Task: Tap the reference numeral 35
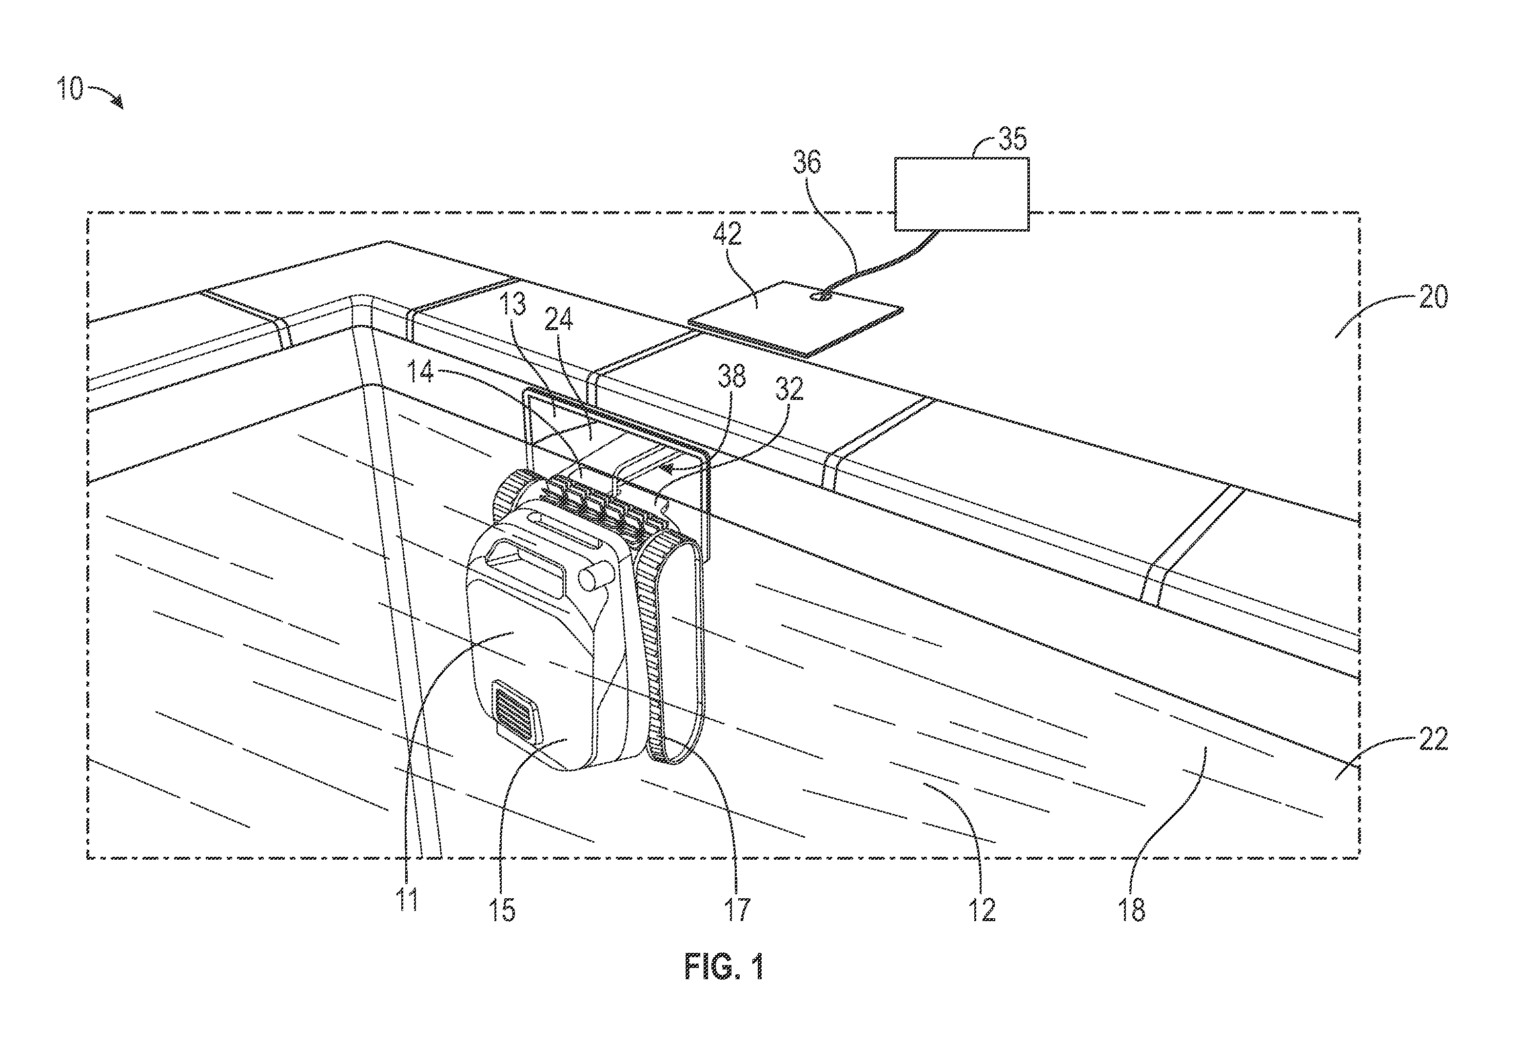pos(1013,139)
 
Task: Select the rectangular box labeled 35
pos(962,194)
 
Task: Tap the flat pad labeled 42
pos(795,318)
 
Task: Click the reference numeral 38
pos(731,377)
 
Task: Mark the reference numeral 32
pos(789,390)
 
